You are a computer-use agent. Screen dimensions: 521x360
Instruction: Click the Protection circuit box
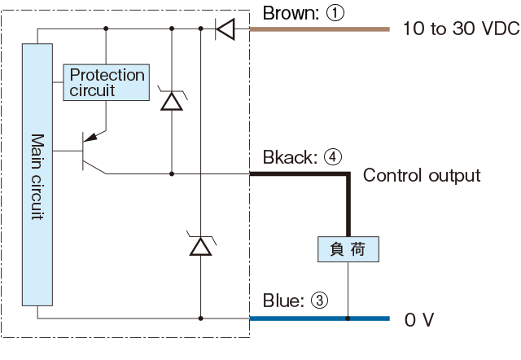point(107,82)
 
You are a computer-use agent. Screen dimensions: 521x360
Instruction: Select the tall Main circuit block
point(37,174)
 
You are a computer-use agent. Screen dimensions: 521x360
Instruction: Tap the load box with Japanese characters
point(348,249)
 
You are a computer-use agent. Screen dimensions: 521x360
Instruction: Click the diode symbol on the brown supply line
point(225,29)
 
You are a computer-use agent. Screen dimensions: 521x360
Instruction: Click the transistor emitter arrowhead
point(91,137)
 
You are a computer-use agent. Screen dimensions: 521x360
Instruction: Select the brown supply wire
point(320,29)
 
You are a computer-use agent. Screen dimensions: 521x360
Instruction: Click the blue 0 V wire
point(320,318)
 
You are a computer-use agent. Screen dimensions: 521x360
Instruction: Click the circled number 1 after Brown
point(335,13)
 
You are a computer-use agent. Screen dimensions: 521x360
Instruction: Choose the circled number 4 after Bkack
point(333,157)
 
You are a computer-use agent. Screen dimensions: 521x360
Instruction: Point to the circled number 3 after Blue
point(319,301)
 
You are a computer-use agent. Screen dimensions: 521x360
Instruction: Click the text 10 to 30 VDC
point(462,29)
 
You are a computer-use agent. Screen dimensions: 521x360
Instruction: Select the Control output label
point(422,175)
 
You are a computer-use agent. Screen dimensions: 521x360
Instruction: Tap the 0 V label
point(419,320)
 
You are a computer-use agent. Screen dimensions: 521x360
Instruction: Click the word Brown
point(291,13)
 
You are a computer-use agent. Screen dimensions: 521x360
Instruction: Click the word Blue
point(283,301)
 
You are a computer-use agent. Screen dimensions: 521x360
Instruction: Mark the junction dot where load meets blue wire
point(348,318)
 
